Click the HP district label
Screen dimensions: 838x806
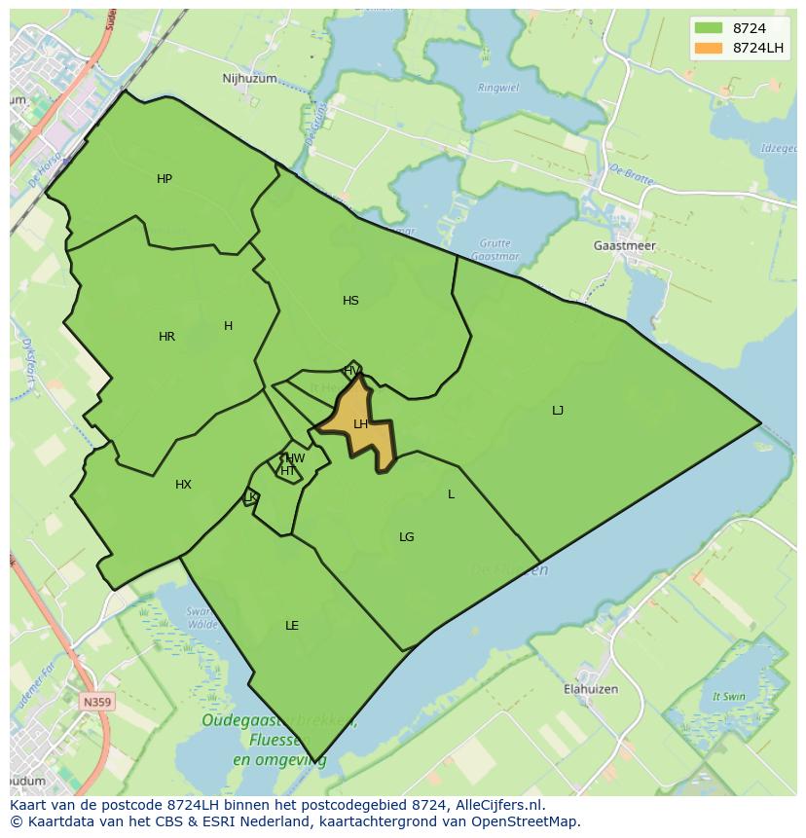[x=165, y=179]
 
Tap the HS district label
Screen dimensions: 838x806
[x=350, y=301]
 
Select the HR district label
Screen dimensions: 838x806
[x=166, y=337]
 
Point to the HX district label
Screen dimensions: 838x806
[x=183, y=485]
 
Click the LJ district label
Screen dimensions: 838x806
[x=558, y=411]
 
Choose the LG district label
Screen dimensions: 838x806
[x=407, y=537]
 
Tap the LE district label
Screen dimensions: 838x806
[x=292, y=626]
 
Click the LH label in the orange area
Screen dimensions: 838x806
[x=360, y=424]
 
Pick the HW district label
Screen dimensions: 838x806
[x=295, y=458]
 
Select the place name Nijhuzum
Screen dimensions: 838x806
[x=249, y=79]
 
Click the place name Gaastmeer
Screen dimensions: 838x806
[x=624, y=246]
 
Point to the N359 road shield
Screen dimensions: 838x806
[x=96, y=701]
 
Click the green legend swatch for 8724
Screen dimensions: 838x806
[x=709, y=28]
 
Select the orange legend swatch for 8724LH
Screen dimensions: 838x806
[x=709, y=48]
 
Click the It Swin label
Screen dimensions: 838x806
[x=728, y=697]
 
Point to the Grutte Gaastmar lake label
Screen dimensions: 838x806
[x=495, y=249]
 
